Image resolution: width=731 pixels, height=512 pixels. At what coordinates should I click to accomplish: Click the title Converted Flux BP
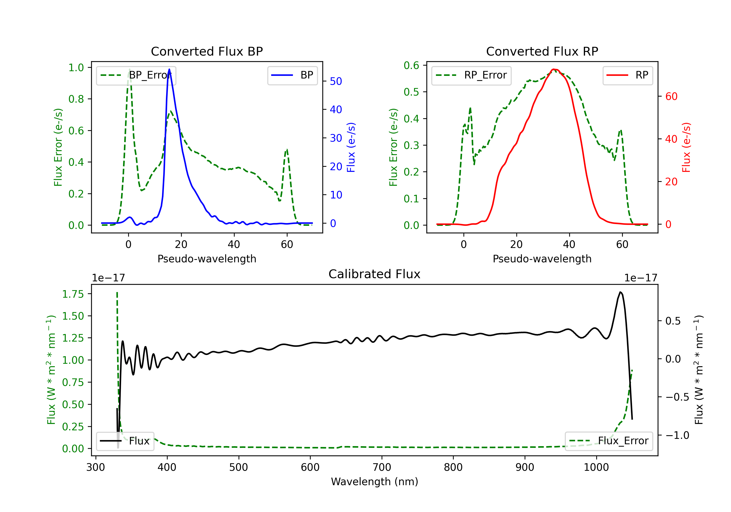(207, 51)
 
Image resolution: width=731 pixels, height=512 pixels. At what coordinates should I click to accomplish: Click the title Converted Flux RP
(542, 51)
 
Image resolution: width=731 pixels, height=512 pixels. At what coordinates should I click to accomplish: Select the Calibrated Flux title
(375, 274)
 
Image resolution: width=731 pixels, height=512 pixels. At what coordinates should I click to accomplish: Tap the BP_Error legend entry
(136, 75)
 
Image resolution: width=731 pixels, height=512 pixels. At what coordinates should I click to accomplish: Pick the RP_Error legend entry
(471, 75)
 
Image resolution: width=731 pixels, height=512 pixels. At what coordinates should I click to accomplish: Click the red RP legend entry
(627, 75)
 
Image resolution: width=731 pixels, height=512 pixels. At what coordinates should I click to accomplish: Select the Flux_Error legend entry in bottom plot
(609, 441)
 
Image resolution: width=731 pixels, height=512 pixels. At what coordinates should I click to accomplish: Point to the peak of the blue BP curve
(169, 69)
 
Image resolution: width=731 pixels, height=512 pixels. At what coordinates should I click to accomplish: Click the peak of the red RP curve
(554, 69)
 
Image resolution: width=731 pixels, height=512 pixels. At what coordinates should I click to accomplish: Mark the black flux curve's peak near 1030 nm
(620, 292)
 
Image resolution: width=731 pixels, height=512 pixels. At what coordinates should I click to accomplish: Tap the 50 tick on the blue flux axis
(336, 81)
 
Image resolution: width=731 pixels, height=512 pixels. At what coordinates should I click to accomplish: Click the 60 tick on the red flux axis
(671, 96)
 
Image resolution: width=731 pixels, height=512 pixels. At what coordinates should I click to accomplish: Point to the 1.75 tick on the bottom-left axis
(73, 294)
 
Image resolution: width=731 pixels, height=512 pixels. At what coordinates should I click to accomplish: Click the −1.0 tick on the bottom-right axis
(677, 435)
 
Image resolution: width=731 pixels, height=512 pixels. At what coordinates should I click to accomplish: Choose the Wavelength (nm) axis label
(375, 482)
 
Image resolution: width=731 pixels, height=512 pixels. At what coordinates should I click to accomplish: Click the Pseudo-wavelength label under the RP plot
(542, 259)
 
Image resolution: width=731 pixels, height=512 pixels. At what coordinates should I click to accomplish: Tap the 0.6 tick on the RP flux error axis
(411, 65)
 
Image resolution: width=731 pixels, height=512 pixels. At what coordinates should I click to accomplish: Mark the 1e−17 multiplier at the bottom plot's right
(641, 278)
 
